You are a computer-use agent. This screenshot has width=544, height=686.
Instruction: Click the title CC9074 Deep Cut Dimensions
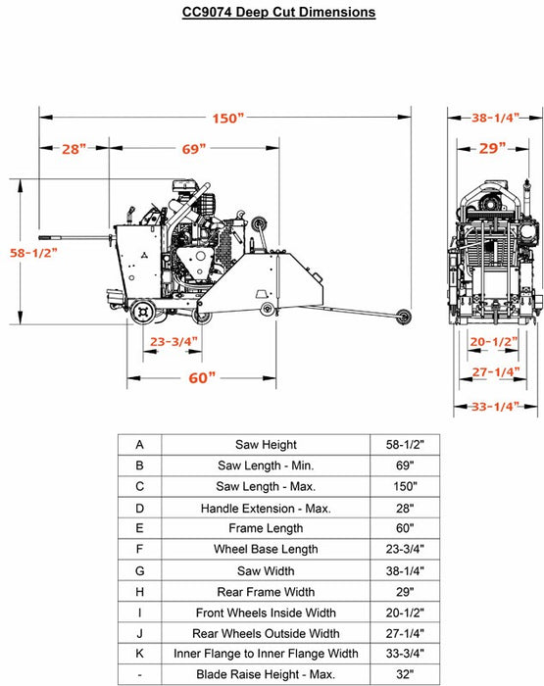(x=278, y=12)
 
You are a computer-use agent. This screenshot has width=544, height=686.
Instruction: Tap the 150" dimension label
(x=228, y=119)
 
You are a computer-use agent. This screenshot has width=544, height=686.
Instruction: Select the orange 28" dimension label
(x=74, y=149)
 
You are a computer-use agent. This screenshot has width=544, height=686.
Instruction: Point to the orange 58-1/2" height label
(x=33, y=253)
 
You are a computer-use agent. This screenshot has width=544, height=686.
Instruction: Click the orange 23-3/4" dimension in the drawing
(x=173, y=341)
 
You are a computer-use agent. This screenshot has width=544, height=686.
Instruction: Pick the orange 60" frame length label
(x=202, y=377)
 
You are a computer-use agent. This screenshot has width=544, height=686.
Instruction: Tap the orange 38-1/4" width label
(x=495, y=118)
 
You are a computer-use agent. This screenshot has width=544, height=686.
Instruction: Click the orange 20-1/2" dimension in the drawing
(x=494, y=341)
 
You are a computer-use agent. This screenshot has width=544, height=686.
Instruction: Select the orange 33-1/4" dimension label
(x=495, y=407)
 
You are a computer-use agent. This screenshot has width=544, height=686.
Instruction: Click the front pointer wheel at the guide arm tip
(x=403, y=317)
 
